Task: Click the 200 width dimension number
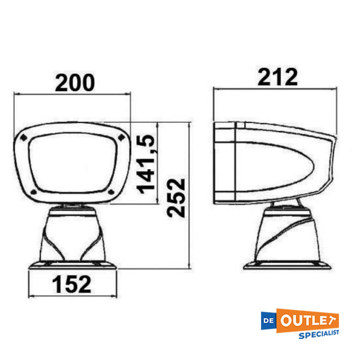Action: (x=74, y=82)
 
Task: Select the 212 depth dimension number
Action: (x=278, y=77)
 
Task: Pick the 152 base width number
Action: (x=71, y=283)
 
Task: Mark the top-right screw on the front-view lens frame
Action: (x=121, y=138)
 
